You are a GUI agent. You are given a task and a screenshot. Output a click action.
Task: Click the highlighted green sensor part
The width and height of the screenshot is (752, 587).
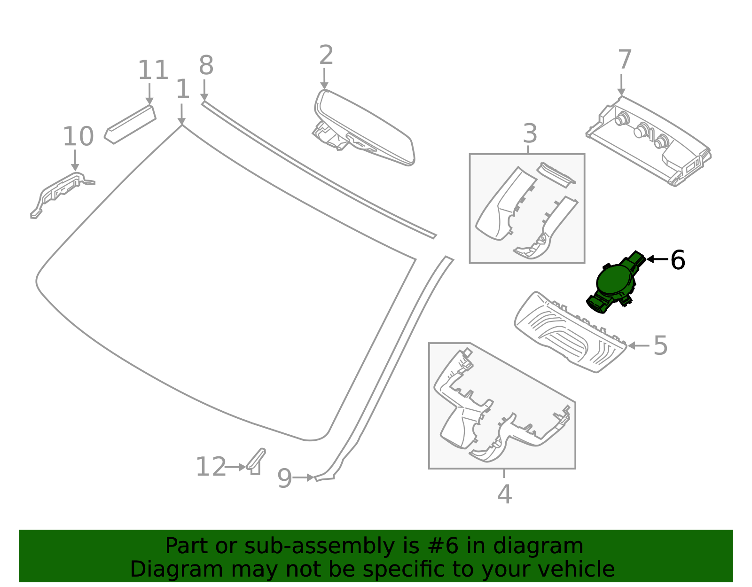coord(614,282)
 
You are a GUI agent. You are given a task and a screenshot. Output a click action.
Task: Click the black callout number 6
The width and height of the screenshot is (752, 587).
coord(677,260)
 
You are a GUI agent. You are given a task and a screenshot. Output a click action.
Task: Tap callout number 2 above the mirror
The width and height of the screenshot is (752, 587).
coord(326,55)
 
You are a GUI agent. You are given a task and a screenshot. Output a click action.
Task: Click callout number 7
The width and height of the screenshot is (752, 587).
coord(624,61)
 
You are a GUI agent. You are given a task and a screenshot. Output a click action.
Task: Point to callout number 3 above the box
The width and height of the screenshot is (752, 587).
coord(530,134)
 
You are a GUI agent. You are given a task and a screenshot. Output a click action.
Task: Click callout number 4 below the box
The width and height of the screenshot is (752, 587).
coord(504,494)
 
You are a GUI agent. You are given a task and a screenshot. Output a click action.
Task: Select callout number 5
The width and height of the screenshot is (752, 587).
coord(660,346)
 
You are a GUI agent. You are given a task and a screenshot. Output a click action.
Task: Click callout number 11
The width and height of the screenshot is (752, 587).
coord(153,70)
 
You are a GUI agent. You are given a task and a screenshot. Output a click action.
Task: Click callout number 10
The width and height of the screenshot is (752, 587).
coord(78,137)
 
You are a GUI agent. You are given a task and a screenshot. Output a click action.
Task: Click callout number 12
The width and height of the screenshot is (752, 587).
coord(211,467)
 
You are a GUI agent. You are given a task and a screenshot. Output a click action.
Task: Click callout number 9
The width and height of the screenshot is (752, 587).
coord(284,479)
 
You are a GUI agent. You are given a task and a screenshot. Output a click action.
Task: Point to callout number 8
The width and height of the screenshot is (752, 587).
coord(206,66)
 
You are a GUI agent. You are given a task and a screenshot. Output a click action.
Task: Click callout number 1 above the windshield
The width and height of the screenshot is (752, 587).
coord(182,89)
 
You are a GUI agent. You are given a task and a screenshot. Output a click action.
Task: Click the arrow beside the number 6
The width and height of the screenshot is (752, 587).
coord(657,259)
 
